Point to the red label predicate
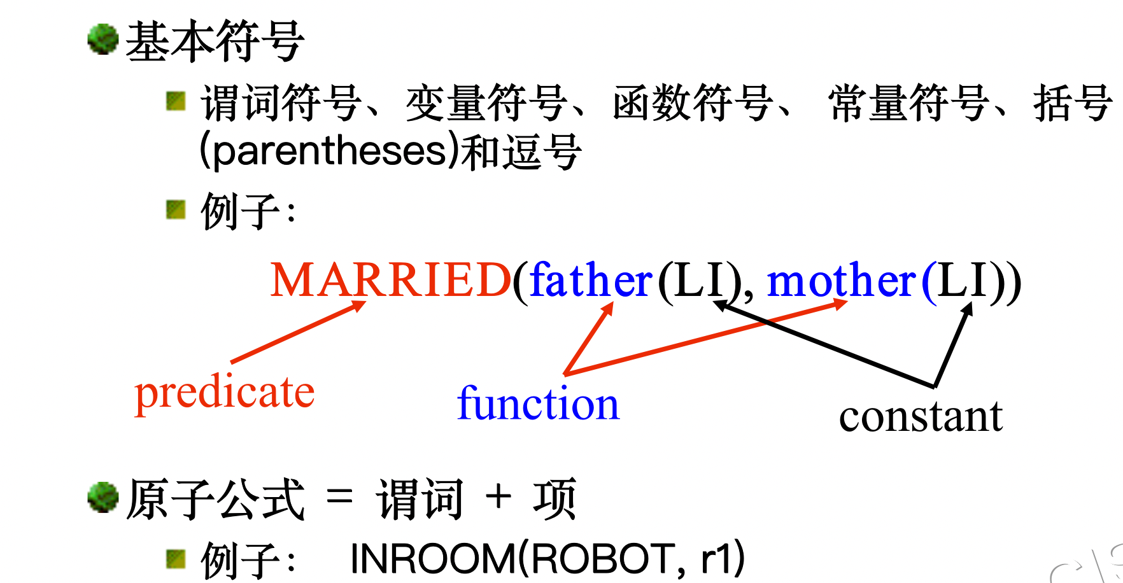coord(225,393)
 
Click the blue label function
coord(538,404)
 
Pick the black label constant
coord(921,417)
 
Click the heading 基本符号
coord(215,42)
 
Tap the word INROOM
coord(432,559)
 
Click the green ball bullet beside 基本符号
coord(102,39)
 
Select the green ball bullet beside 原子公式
coord(102,497)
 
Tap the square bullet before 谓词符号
coord(175,101)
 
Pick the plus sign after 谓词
coord(498,496)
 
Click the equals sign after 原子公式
coord(339,496)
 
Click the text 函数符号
coord(692,103)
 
